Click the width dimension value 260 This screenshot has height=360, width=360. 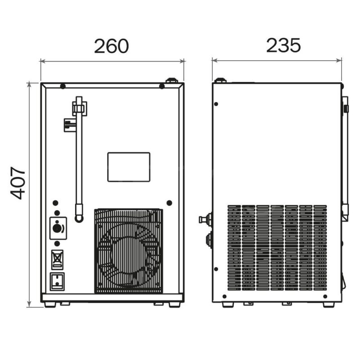click(112, 46)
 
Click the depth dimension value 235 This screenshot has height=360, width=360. click(283, 45)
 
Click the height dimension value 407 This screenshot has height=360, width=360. click(18, 183)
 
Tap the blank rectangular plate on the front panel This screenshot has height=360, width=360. click(129, 167)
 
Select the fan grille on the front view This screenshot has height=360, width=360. click(129, 251)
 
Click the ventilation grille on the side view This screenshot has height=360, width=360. click(277, 248)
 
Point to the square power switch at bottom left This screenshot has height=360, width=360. click(57, 282)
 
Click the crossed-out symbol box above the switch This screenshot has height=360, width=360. click(57, 260)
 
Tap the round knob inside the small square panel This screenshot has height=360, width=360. click(57, 228)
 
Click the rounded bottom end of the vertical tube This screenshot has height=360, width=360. click(79, 218)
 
